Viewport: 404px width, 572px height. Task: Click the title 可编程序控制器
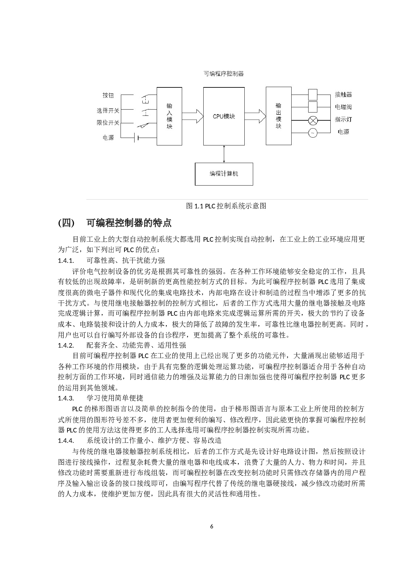[x=224, y=74]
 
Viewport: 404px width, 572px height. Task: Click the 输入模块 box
[x=169, y=116]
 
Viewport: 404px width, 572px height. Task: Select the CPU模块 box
[x=224, y=116]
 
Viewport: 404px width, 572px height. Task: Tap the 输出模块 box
[x=279, y=116]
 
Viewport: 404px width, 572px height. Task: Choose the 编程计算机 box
[x=224, y=174]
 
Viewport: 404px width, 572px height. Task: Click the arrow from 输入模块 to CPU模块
[x=193, y=116]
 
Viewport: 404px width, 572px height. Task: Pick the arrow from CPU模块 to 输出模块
[x=255, y=116]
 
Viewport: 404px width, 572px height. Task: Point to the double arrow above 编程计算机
[x=224, y=154]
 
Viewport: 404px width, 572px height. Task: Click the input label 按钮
[x=108, y=95]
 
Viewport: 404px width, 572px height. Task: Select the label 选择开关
[x=108, y=111]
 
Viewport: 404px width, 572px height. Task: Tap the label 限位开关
[x=108, y=123]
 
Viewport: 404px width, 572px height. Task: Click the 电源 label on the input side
[x=108, y=138]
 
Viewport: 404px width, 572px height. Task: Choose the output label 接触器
[x=343, y=95]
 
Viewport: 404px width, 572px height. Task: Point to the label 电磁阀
[x=343, y=107]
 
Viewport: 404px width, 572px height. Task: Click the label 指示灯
[x=343, y=119]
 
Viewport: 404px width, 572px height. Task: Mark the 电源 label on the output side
[x=343, y=132]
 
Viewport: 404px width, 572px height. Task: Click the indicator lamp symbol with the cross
[x=313, y=121]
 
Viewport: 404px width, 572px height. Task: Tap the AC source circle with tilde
[x=313, y=133]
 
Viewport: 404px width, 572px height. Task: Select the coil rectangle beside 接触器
[x=313, y=95]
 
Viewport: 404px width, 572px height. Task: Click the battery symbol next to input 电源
[x=137, y=138]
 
